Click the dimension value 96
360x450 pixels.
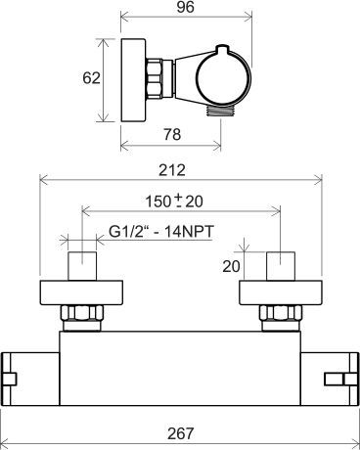[186, 7]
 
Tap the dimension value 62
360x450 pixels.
[91, 78]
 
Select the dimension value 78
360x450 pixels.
[172, 134]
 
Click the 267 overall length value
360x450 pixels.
[180, 433]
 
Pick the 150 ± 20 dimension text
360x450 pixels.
[174, 201]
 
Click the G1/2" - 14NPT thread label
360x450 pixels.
[161, 232]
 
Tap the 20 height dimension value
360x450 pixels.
[231, 266]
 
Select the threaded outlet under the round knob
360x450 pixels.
[220, 111]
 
